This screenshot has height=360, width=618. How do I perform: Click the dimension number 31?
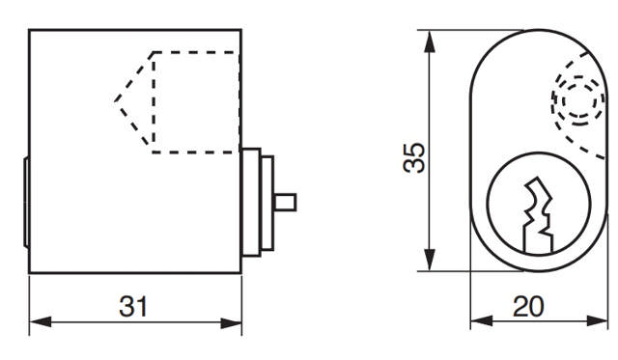coord(134,307)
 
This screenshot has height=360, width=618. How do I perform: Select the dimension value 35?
coord(413,158)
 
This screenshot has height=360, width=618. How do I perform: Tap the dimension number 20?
coord(529,307)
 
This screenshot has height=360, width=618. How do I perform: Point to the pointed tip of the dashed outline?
coord(115,99)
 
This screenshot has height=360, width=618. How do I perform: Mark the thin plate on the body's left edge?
coord(25,202)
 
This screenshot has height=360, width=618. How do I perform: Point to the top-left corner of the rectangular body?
coord(30,31)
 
